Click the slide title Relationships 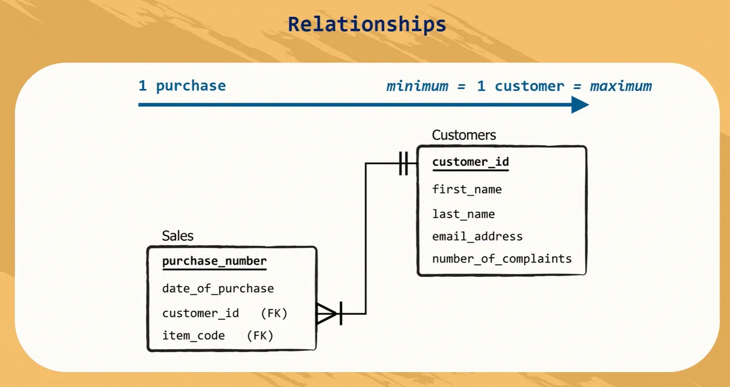pos(367,24)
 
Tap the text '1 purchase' pos(182,85)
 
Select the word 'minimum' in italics pos(417,86)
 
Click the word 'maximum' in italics pos(621,86)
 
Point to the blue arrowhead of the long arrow pos(580,105)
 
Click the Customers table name pos(464,135)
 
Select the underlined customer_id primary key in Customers pos(470,162)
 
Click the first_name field pos(467,189)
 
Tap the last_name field pos(463,214)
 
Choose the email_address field pos(477,237)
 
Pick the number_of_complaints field pos(502,259)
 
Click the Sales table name pos(178,236)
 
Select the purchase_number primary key pos(214,261)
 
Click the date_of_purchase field pos(218,289)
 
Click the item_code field pos(193,336)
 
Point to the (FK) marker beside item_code pos(260,336)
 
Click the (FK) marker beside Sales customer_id pos(274,313)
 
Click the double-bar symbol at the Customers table pos(404,163)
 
